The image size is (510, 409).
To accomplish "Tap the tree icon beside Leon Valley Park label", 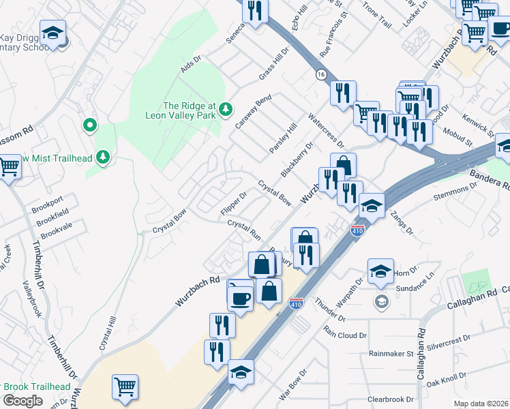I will pyautogui.click(x=226, y=109).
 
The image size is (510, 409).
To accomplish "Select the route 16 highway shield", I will pyautogui.click(x=320, y=74).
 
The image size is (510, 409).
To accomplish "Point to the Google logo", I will pyautogui.click(x=22, y=401).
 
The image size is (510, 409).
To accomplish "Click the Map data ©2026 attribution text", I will pyautogui.click(x=480, y=404).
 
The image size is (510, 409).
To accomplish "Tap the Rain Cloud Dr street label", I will pyautogui.click(x=345, y=335).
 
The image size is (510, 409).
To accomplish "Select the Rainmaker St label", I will pyautogui.click(x=391, y=354).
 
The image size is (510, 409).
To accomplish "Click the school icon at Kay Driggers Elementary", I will pyautogui.click(x=52, y=33).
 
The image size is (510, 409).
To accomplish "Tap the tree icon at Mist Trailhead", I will pyautogui.click(x=103, y=157).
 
